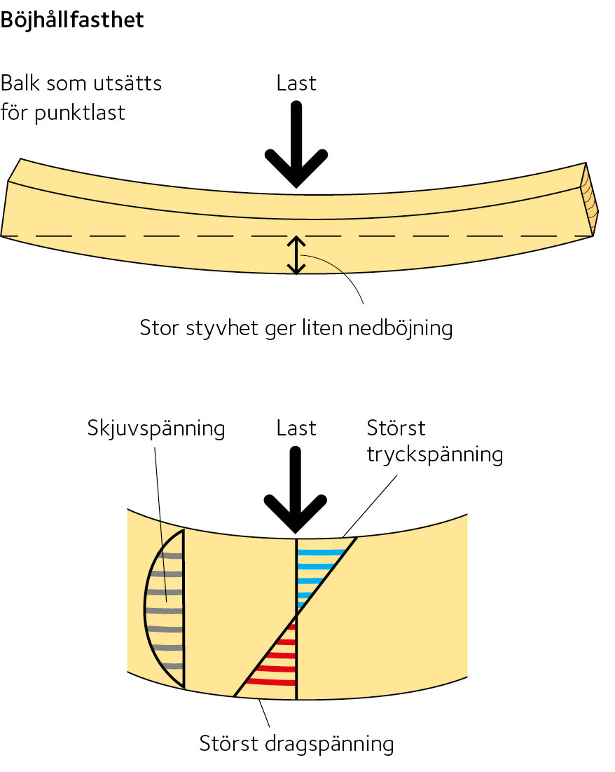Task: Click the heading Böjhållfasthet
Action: click(72, 20)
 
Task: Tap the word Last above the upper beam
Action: click(296, 83)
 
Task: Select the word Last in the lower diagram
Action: click(296, 428)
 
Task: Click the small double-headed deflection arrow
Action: click(297, 255)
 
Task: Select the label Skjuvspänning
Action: click(156, 428)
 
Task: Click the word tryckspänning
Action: click(434, 454)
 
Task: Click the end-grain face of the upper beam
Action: click(589, 201)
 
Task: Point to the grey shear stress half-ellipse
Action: click(165, 610)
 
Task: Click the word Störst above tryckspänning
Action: click(396, 428)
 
